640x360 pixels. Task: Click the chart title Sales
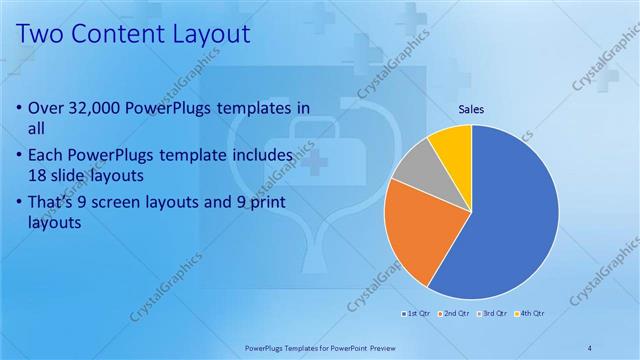pos(472,110)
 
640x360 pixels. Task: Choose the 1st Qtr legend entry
pos(415,314)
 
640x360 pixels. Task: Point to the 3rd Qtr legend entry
pos(492,314)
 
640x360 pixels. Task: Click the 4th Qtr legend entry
pos(530,314)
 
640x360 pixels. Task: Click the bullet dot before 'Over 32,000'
pos(22,108)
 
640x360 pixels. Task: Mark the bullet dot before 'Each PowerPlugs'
pos(22,156)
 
